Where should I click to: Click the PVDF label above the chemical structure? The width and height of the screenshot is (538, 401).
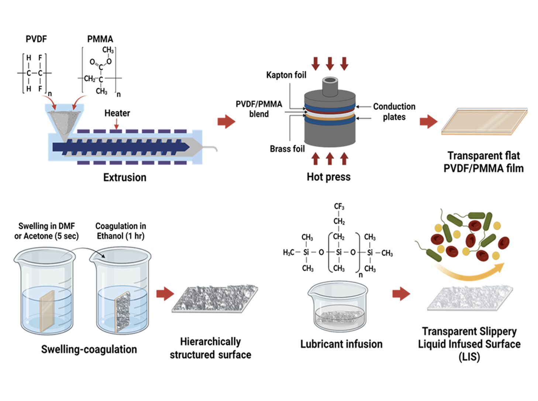tap(36, 39)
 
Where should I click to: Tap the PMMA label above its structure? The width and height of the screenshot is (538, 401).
tap(100, 39)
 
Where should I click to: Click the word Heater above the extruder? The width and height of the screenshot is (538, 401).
tap(117, 113)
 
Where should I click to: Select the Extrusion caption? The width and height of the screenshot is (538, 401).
tap(125, 178)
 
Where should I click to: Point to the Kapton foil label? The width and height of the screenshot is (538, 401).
tap(286, 75)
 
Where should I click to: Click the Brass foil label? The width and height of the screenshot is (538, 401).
tap(287, 149)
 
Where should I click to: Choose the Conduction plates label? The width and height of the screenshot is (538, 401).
tap(394, 112)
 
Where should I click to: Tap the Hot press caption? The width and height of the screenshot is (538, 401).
tap(328, 177)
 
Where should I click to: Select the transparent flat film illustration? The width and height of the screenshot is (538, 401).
tap(484, 121)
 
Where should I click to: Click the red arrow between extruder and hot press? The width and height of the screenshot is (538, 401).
tap(226, 121)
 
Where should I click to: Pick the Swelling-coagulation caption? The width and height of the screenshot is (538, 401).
tap(89, 349)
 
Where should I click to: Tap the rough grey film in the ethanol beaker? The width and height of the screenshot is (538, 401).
tap(123, 311)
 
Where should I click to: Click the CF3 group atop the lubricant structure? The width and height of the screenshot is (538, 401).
tap(339, 206)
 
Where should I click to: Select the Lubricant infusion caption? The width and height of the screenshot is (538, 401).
tap(341, 344)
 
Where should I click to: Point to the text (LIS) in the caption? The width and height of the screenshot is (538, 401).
tap(469, 357)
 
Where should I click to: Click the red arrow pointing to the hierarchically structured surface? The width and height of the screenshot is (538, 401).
tap(165, 294)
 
